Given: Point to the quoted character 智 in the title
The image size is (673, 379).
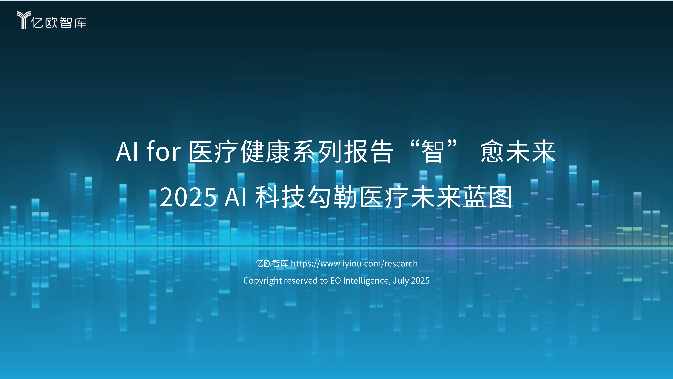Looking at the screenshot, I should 433,152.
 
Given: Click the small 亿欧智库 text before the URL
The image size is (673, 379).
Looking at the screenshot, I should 272,263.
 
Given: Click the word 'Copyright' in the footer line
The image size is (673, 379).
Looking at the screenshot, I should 262,281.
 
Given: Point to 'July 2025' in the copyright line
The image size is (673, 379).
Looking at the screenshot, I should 411,281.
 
